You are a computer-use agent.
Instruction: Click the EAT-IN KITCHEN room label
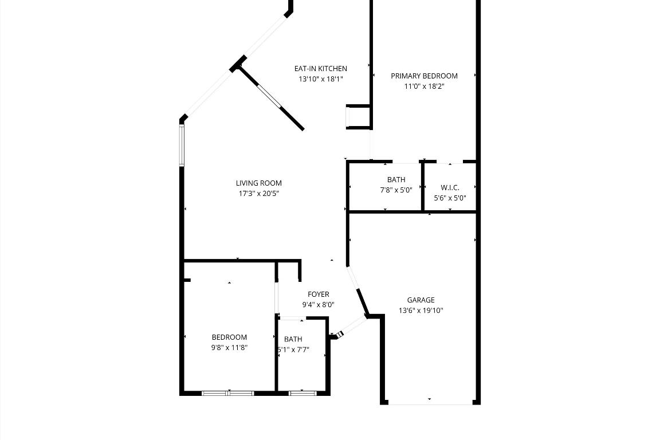pos(320,69)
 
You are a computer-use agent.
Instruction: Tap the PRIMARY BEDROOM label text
pos(424,76)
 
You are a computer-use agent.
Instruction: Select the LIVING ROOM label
pos(259,183)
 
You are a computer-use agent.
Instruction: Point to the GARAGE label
pos(421,300)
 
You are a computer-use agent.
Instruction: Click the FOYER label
pos(318,294)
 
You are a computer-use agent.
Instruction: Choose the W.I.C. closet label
pos(450,187)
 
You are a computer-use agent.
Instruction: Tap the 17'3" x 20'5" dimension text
pos(259,194)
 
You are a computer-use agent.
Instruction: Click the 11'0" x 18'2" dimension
pos(424,87)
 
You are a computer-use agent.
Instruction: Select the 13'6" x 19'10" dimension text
pos(421,311)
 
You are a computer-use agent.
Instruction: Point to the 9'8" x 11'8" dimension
pos(229,348)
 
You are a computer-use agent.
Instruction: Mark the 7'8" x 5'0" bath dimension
pos(396,190)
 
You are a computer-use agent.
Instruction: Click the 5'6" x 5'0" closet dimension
pos(450,198)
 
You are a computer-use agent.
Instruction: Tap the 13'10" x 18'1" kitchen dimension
pos(320,79)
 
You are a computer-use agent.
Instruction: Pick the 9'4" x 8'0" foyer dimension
pos(318,305)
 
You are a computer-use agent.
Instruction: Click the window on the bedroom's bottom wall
pos(227,393)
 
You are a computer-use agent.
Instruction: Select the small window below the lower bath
pos(302,393)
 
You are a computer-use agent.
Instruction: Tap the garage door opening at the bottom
pos(430,403)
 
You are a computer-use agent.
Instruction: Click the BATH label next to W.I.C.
pos(396,180)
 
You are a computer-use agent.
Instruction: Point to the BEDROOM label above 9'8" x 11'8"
pos(229,337)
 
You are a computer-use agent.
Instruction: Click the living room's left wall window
pos(182,146)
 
